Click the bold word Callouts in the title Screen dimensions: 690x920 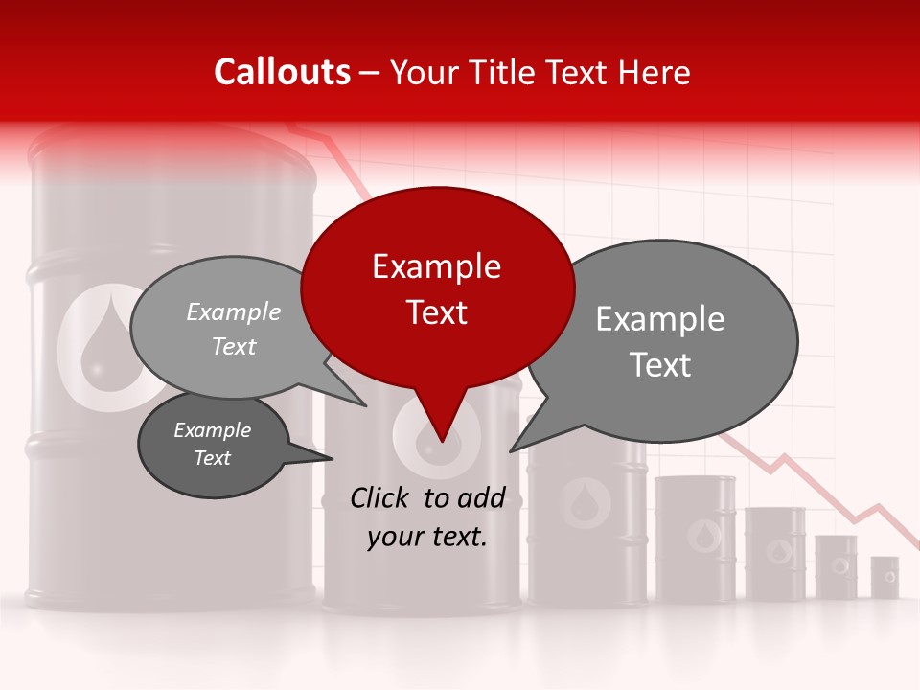282,72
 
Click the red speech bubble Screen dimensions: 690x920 437,287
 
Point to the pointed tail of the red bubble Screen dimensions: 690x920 442,436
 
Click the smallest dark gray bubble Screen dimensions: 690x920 213,445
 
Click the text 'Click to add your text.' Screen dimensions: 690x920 427,517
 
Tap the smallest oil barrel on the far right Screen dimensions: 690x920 885,576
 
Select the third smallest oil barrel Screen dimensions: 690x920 774,554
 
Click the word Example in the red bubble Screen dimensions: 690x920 436,266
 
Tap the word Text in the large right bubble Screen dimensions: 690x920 661,365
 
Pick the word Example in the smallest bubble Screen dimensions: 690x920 212,430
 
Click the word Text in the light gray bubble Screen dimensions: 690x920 234,346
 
